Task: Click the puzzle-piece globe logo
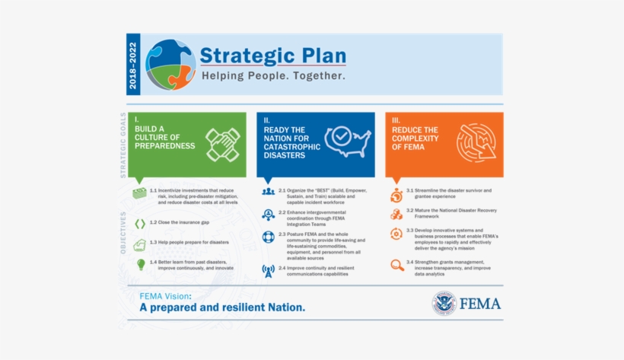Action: [x=170, y=65]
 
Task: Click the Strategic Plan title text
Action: [x=272, y=56]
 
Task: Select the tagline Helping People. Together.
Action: [x=272, y=77]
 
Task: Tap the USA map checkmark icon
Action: [x=347, y=140]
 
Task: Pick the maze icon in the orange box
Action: [x=476, y=142]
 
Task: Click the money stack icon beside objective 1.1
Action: [x=139, y=193]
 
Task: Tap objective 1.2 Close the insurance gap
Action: [x=179, y=222]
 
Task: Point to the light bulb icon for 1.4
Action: [x=140, y=264]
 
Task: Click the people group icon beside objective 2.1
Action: [x=268, y=192]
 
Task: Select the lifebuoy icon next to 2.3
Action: [x=268, y=237]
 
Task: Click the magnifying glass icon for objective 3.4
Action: [x=396, y=265]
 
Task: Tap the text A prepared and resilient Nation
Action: [x=221, y=308]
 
